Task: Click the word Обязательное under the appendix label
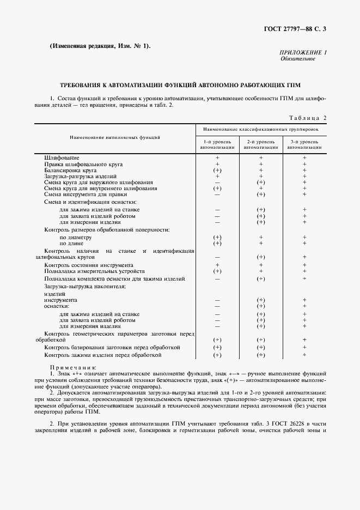[x=298, y=58]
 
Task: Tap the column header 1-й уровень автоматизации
[x=217, y=144]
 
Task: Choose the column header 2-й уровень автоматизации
[x=261, y=144]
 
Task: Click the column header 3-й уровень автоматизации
[x=304, y=144]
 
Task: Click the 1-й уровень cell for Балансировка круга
[x=217, y=170]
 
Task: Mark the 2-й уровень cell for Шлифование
[x=261, y=157]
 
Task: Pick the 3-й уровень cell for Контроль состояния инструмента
[x=304, y=264]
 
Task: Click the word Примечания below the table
[x=73, y=367]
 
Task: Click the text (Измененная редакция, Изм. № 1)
[x=100, y=46]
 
